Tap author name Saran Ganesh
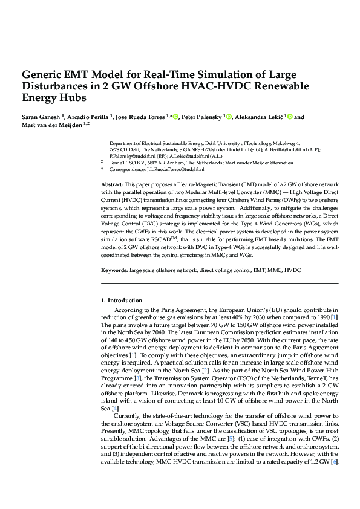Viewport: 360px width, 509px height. (40, 117)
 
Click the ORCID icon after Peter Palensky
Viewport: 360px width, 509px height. (229, 117)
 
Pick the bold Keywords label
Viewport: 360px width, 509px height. (113, 269)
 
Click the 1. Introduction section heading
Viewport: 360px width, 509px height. (121, 300)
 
